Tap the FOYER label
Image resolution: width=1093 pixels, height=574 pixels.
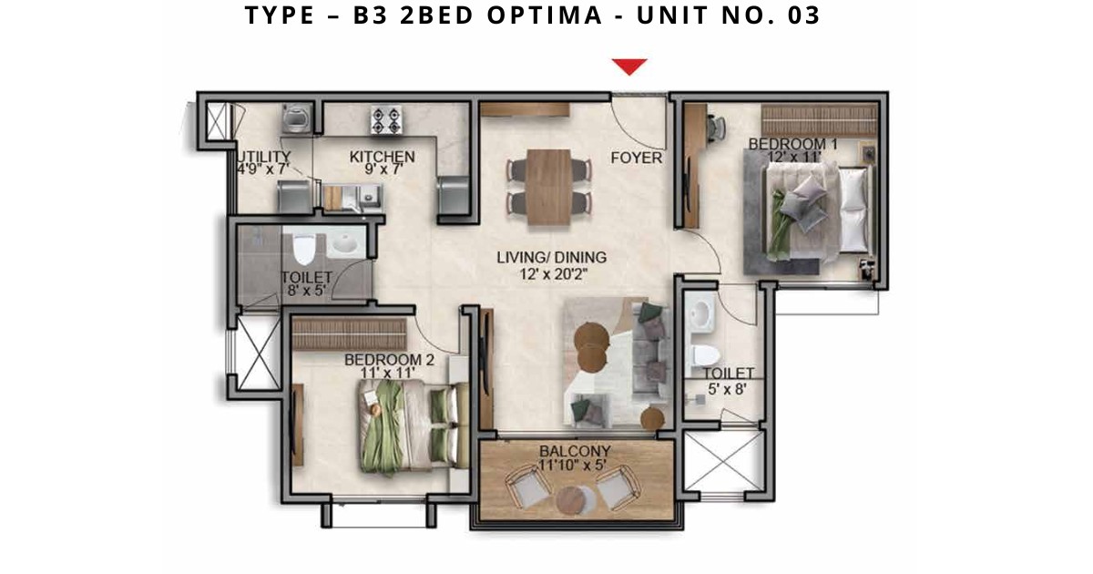637,158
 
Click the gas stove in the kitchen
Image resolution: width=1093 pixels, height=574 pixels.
386,119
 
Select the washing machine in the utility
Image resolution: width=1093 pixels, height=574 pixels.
297,118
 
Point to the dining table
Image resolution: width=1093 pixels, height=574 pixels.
549,187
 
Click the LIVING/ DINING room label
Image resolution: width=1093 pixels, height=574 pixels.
551,257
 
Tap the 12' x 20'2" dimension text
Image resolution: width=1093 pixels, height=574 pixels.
553,274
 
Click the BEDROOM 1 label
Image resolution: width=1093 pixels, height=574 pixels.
793,144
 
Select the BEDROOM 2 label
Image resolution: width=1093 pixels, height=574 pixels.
389,360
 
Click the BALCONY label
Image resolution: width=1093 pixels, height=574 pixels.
575,450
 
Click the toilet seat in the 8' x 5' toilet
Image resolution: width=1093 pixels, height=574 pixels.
304,249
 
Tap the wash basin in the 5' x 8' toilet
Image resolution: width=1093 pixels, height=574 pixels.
700,311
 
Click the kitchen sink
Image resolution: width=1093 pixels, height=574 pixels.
365,199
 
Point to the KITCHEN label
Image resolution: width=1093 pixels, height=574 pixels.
382,157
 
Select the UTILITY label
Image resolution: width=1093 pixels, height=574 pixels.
263,157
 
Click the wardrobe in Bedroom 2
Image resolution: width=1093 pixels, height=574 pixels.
349,333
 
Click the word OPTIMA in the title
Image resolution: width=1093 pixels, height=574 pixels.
545,15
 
